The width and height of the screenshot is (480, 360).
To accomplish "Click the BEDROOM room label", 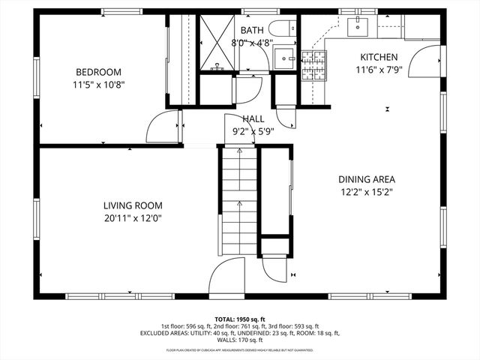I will tap(94, 72).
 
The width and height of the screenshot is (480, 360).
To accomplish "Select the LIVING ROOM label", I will tap(133, 205).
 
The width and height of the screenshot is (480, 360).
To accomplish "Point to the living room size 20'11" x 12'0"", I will tap(133, 217).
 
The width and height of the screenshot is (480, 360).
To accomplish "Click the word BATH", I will tap(252, 30).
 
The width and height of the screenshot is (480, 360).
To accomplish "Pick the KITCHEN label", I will tap(379, 57).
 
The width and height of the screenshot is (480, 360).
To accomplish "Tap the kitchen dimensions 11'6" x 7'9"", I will tap(379, 70).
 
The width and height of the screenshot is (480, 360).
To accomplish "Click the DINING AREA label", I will tap(367, 179).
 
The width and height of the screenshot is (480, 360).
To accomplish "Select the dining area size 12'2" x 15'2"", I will tap(367, 192).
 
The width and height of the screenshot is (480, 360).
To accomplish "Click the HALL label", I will tap(253, 119).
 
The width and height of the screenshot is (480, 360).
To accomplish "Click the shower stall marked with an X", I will tap(217, 42).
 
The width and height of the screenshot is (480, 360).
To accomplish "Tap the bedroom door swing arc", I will tap(162, 127).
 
